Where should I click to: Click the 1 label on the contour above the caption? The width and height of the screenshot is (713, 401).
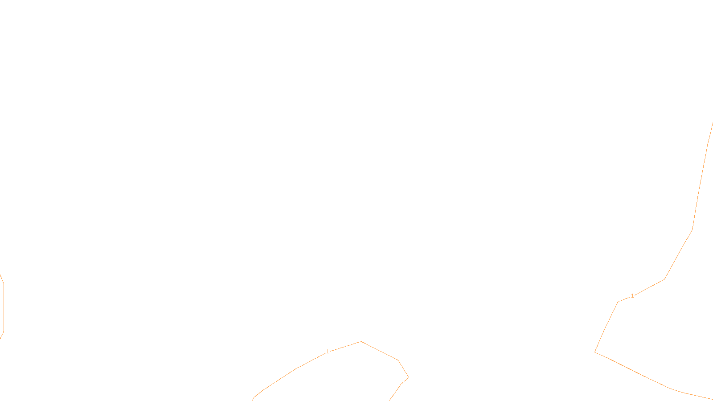328,352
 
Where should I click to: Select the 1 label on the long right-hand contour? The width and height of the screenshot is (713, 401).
632,296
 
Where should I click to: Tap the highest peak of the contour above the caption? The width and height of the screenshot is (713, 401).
361,342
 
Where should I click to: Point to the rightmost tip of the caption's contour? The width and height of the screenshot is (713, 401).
409,378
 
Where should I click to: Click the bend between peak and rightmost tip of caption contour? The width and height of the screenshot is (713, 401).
398,360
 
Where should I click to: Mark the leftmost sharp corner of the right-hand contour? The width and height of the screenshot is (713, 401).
595,352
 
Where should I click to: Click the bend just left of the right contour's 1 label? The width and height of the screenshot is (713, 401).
618,302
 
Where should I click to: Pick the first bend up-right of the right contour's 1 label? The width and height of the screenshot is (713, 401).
665,279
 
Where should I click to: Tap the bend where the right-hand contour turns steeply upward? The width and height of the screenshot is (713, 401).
692,230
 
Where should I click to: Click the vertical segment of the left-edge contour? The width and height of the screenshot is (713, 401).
4,307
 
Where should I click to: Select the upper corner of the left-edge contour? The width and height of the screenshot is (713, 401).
4,283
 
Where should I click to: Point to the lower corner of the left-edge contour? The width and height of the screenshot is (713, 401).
4,331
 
